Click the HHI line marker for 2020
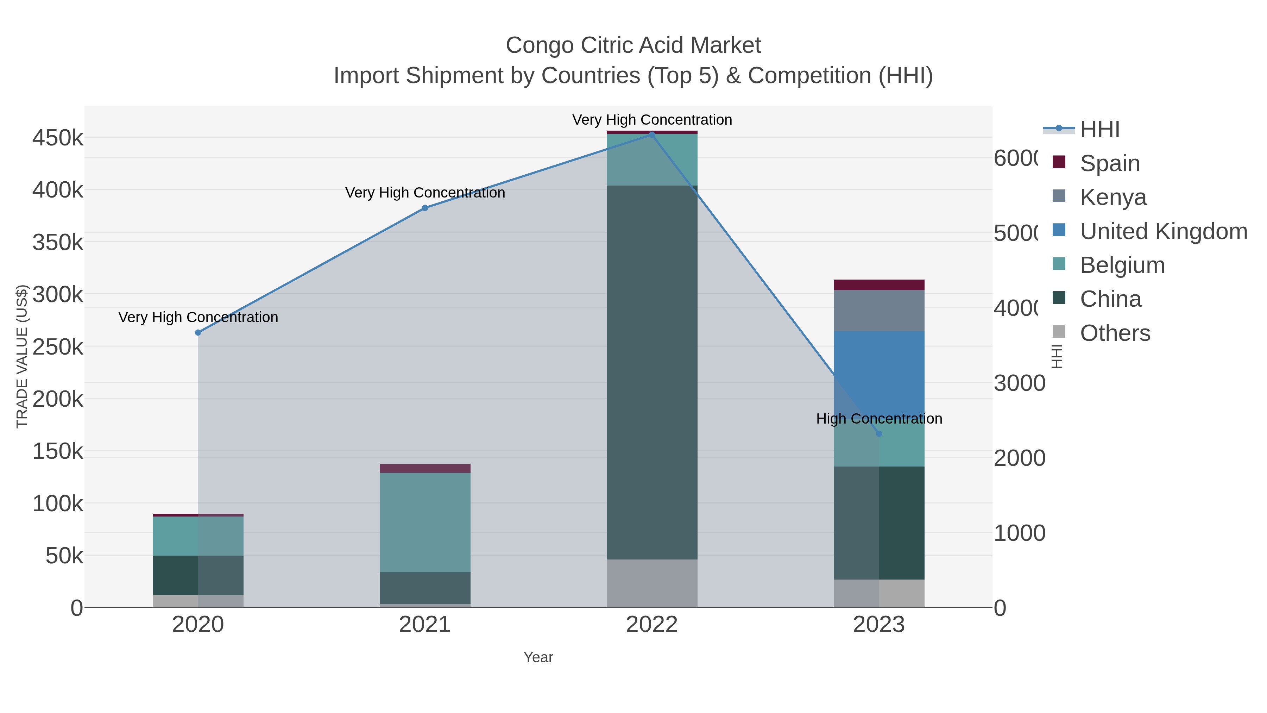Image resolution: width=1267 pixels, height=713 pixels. (198, 333)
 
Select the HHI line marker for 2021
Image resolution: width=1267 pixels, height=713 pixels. (425, 208)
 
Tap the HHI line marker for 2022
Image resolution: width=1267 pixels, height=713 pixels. (652, 135)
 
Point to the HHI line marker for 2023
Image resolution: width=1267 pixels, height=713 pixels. (879, 433)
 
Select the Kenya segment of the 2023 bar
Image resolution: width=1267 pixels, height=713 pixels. (879, 311)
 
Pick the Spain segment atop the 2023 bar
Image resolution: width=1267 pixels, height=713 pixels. (879, 285)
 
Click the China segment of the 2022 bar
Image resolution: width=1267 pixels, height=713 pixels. (652, 372)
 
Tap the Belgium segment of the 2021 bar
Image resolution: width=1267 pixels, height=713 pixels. (425, 522)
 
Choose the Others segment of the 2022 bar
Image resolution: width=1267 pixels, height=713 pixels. (652, 583)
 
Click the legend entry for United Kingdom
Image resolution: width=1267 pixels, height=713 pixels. (1163, 231)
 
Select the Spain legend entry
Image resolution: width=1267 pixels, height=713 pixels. (1110, 163)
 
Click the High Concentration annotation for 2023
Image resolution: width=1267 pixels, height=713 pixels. (879, 419)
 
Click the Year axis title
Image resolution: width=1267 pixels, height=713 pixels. (538, 657)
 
